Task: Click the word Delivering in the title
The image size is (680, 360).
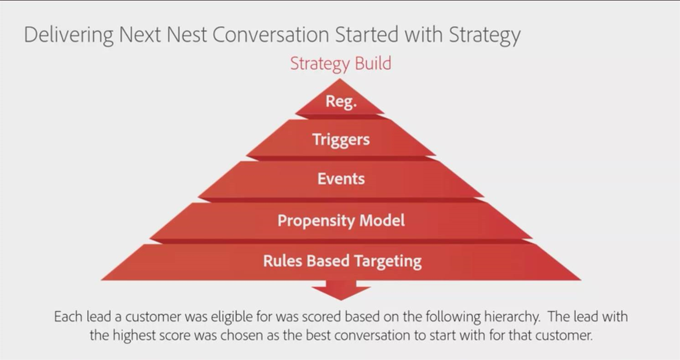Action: tap(68, 35)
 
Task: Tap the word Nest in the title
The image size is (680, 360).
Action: tap(187, 34)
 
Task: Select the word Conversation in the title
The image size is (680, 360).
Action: tap(271, 34)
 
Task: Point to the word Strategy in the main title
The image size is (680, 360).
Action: tap(484, 35)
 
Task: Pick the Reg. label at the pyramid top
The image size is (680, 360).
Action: tap(341, 101)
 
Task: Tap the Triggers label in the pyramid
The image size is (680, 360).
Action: tap(341, 140)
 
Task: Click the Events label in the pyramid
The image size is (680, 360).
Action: tap(341, 178)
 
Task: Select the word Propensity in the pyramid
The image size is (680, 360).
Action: tap(316, 221)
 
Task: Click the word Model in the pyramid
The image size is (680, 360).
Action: tap(382, 220)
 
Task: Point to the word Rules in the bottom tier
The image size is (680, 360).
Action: tap(283, 261)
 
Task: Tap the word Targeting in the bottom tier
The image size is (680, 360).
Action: tap(388, 261)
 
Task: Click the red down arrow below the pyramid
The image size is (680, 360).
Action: tap(341, 290)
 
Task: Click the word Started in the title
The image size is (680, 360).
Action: tap(367, 34)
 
